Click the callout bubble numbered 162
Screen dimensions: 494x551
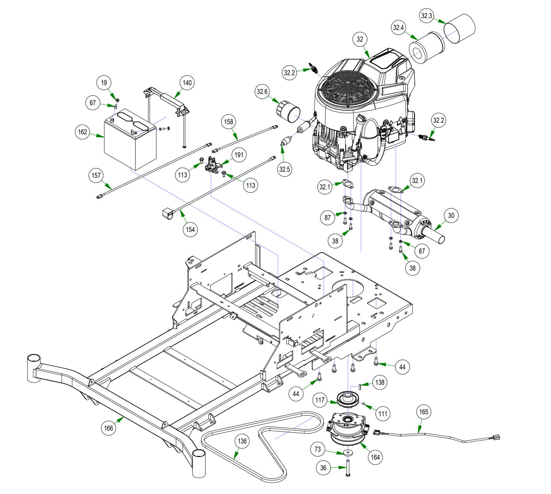pyautogui.click(x=83, y=132)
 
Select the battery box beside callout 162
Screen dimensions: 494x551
pyautogui.click(x=128, y=144)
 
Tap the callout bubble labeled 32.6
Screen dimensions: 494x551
pyautogui.click(x=262, y=92)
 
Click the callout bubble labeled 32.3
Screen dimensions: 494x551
pyautogui.click(x=427, y=16)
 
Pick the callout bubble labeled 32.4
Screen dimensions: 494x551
pyautogui.click(x=398, y=28)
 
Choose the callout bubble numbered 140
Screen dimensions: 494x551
pyautogui.click(x=187, y=83)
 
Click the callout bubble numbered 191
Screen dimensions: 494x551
pyautogui.click(x=239, y=155)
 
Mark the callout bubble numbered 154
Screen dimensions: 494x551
pyautogui.click(x=190, y=230)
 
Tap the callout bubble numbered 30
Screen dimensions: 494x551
pyautogui.click(x=451, y=216)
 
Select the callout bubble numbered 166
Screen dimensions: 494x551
pyautogui.click(x=109, y=428)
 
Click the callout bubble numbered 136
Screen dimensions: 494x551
pyautogui.click(x=242, y=441)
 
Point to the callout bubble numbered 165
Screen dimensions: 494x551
pyautogui.click(x=424, y=412)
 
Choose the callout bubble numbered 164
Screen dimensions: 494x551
pyautogui.click(x=375, y=457)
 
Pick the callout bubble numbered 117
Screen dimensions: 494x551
pyautogui.click(x=320, y=400)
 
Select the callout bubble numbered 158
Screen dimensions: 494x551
pyautogui.click(x=229, y=122)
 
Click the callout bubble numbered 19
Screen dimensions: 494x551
pyautogui.click(x=104, y=83)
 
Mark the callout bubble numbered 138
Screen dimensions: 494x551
pyautogui.click(x=379, y=382)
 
